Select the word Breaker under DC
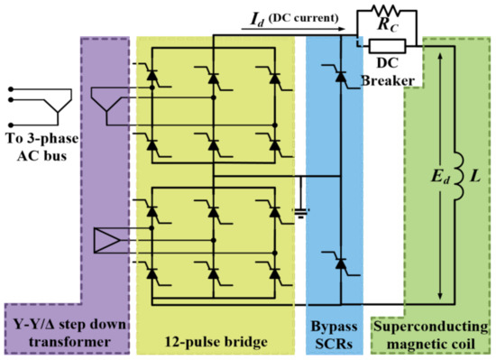389,80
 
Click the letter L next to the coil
476,171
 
